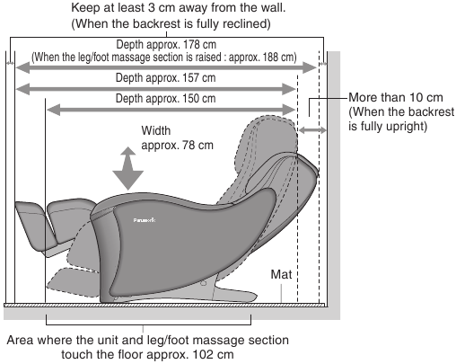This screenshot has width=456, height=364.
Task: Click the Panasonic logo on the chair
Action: [145, 220]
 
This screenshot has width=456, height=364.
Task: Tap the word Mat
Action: [281, 274]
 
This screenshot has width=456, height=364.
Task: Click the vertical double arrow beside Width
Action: [128, 168]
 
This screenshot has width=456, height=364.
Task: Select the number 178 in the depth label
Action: [191, 45]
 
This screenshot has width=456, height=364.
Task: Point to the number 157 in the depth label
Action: [191, 78]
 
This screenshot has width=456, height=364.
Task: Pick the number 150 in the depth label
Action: [191, 99]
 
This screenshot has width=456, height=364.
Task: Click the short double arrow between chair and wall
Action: [312, 130]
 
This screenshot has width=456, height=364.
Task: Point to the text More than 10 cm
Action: [396, 98]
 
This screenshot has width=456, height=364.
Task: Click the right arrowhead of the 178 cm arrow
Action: [310, 67]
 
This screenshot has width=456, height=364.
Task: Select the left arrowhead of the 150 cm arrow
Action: [54, 110]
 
